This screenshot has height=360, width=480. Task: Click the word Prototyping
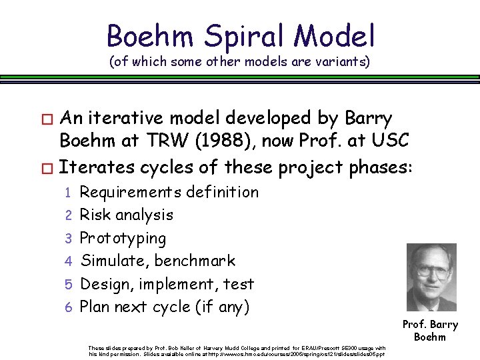point(123,238)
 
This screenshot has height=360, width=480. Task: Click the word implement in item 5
point(179,284)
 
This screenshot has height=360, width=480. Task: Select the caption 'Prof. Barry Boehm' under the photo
point(430,330)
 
